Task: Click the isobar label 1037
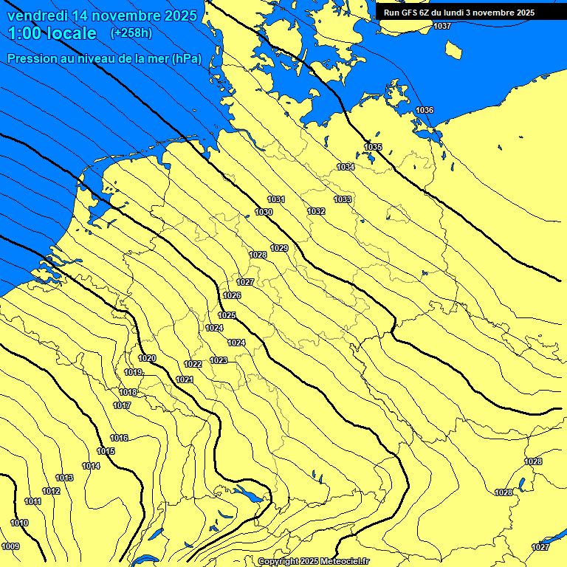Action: click(442, 27)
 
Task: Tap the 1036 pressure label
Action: click(425, 111)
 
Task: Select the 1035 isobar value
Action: click(373, 148)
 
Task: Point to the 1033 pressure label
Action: click(343, 200)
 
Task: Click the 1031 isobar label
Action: click(276, 200)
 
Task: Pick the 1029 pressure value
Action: click(279, 249)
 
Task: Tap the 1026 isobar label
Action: click(232, 296)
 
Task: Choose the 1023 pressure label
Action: click(219, 361)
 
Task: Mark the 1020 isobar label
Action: click(147, 359)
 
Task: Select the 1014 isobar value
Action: click(91, 467)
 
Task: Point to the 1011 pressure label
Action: click(32, 502)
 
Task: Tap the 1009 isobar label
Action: click(11, 547)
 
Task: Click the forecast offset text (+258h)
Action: click(131, 33)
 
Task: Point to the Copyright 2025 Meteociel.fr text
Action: click(314, 562)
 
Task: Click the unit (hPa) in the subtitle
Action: click(186, 58)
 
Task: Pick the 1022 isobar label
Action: click(193, 365)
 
